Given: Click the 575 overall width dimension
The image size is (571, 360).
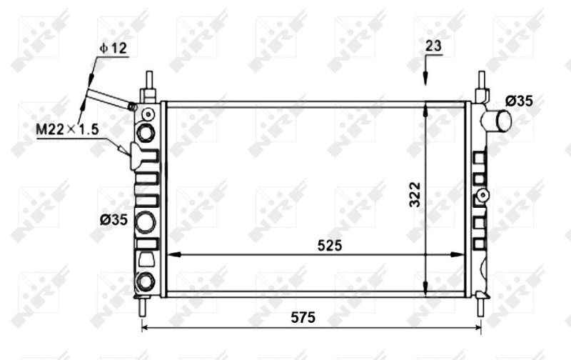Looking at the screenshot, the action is point(303,318).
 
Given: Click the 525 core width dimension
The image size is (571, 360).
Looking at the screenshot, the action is point(330,246).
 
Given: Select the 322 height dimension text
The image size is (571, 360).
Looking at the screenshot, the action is point(415,194).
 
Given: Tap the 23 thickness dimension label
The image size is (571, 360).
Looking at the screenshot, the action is point(433,46).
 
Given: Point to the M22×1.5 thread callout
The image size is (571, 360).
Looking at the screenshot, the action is point(68,129).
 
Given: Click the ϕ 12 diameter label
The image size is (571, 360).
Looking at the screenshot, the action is point(113,48).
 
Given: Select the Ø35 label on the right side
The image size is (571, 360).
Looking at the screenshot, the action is point(519,101).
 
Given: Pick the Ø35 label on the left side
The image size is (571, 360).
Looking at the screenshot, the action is point(113,219).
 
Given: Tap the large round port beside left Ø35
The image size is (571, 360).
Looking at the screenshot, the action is point(146,222).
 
